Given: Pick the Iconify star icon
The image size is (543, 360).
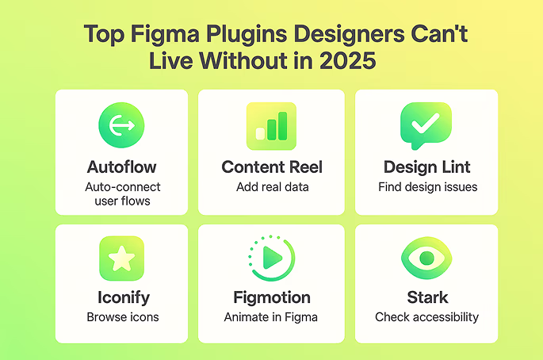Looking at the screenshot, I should pyautogui.click(x=121, y=259).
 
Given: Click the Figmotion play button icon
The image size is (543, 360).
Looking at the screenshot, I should pyautogui.click(x=272, y=259).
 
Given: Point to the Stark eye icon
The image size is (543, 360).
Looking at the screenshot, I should pyautogui.click(x=426, y=259).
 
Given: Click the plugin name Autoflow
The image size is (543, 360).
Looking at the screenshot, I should pyautogui.click(x=122, y=167).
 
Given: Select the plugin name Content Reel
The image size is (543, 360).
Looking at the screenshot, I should pyautogui.click(x=272, y=167).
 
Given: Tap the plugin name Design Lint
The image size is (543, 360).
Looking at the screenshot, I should pyautogui.click(x=426, y=167).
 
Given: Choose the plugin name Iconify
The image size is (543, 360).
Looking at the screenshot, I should pyautogui.click(x=122, y=298).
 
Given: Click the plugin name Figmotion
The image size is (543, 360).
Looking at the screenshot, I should pyautogui.click(x=272, y=298).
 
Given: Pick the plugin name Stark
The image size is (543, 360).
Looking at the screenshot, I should pyautogui.click(x=426, y=298).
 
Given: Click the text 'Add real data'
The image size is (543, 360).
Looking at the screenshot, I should pyautogui.click(x=271, y=187).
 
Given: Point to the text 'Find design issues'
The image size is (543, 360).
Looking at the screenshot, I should pyautogui.click(x=426, y=187).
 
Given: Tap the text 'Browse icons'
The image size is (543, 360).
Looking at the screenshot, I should pyautogui.click(x=122, y=317).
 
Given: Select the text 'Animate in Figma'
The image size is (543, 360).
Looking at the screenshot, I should pyautogui.click(x=272, y=317).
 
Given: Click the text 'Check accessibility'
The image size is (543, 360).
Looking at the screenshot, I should pyautogui.click(x=426, y=317).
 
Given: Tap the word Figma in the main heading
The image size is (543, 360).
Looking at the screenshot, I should pyautogui.click(x=157, y=35).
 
